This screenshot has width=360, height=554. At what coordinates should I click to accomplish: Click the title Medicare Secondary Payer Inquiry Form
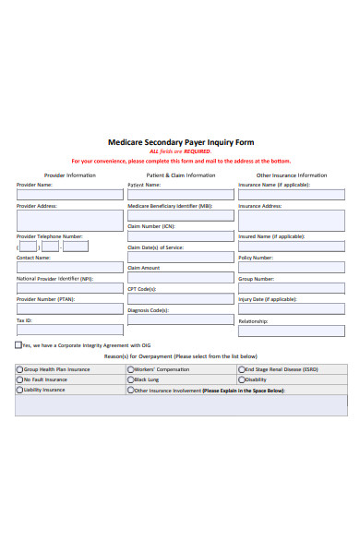180,142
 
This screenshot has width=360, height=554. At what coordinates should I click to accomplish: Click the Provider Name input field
69,195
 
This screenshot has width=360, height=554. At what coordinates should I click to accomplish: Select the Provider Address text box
69,220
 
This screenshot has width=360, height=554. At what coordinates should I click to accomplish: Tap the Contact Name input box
69,268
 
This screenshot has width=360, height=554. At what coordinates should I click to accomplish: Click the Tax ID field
69,330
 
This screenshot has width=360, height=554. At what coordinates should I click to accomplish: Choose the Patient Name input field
180,195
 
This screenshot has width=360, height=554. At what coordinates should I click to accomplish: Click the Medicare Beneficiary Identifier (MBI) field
180,215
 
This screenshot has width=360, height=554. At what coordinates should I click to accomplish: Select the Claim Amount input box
180,277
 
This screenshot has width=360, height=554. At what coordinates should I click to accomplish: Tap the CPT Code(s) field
180,298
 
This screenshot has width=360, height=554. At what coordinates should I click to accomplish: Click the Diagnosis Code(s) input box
180,319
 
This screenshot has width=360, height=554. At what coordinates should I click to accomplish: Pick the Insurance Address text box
291,220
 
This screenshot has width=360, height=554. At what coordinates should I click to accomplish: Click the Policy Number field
291,268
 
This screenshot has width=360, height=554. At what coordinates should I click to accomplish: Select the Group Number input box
291,288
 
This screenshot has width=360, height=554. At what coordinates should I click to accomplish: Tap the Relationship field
291,330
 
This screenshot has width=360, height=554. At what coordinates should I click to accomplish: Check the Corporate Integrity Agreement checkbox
18,345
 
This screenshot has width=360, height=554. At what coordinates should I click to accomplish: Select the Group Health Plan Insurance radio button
19,369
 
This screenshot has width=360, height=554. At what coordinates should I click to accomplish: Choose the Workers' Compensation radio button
130,369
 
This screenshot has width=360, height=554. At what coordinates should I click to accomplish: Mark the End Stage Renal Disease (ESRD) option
241,369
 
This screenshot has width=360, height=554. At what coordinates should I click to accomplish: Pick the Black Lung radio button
130,379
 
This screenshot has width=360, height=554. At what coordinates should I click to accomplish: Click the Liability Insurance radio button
19,390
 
